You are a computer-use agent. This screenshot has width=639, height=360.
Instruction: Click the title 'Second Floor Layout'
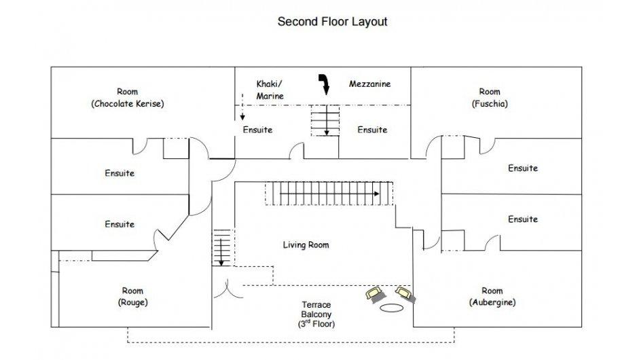(332, 22)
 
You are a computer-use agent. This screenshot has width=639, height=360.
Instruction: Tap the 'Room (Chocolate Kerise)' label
(128, 97)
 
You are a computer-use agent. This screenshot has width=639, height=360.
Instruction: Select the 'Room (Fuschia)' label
(490, 97)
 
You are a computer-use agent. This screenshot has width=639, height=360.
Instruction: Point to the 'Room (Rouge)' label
(133, 296)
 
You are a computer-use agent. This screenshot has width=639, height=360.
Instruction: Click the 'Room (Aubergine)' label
(492, 296)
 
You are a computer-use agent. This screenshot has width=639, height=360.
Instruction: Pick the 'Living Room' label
(306, 245)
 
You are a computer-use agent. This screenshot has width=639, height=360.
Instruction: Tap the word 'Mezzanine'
(369, 84)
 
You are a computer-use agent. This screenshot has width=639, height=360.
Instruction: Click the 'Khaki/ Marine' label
(270, 90)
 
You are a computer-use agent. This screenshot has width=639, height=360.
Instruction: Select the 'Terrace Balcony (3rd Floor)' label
(316, 314)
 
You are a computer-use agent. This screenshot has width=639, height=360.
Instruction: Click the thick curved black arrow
(325, 83)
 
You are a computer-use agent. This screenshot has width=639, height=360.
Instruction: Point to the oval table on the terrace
(391, 308)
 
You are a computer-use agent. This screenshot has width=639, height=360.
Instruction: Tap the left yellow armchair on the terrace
(375, 293)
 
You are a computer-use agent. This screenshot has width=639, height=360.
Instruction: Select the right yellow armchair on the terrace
(405, 294)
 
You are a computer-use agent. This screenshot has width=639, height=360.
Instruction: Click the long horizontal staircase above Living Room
(329, 194)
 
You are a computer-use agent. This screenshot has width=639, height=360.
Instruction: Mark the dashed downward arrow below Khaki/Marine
(242, 107)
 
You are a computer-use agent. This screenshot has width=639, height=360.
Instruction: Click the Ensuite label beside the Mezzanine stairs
(372, 130)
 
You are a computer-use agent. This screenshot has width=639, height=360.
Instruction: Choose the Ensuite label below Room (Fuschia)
(523, 168)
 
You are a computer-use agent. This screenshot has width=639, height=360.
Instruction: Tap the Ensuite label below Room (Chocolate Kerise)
(120, 173)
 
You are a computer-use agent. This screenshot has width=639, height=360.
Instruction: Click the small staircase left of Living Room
(222, 248)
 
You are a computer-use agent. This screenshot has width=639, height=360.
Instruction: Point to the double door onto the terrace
(228, 289)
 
